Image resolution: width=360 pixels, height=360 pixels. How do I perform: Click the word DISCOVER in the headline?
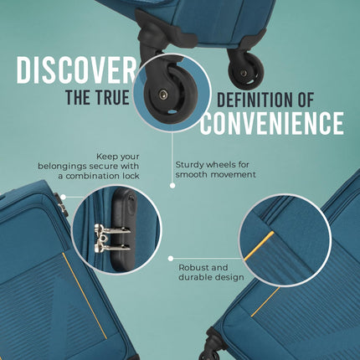click(x=76, y=70)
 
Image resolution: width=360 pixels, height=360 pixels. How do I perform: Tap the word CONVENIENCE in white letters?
click(x=271, y=123)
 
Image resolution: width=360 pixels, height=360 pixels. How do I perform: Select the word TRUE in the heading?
click(x=113, y=97)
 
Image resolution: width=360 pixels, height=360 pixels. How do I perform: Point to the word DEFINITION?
click(x=255, y=100)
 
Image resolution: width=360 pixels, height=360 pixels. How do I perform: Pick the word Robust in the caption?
click(x=193, y=268)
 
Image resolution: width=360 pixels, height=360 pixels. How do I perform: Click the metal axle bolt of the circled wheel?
click(x=163, y=95)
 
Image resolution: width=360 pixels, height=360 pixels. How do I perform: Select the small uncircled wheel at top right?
click(x=245, y=70)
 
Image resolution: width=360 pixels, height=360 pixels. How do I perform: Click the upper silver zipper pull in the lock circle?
click(x=112, y=229)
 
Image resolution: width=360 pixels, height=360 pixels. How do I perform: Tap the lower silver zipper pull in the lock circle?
click(x=112, y=247)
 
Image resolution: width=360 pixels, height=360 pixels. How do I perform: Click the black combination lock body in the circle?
click(x=123, y=229)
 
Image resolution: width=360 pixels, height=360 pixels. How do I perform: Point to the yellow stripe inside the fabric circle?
click(x=259, y=246)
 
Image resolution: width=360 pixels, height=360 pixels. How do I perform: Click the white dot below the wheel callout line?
click(x=172, y=185)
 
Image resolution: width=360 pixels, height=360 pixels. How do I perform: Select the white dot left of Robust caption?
click(x=171, y=259)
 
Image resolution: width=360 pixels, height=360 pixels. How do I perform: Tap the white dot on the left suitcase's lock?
click(x=63, y=197)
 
